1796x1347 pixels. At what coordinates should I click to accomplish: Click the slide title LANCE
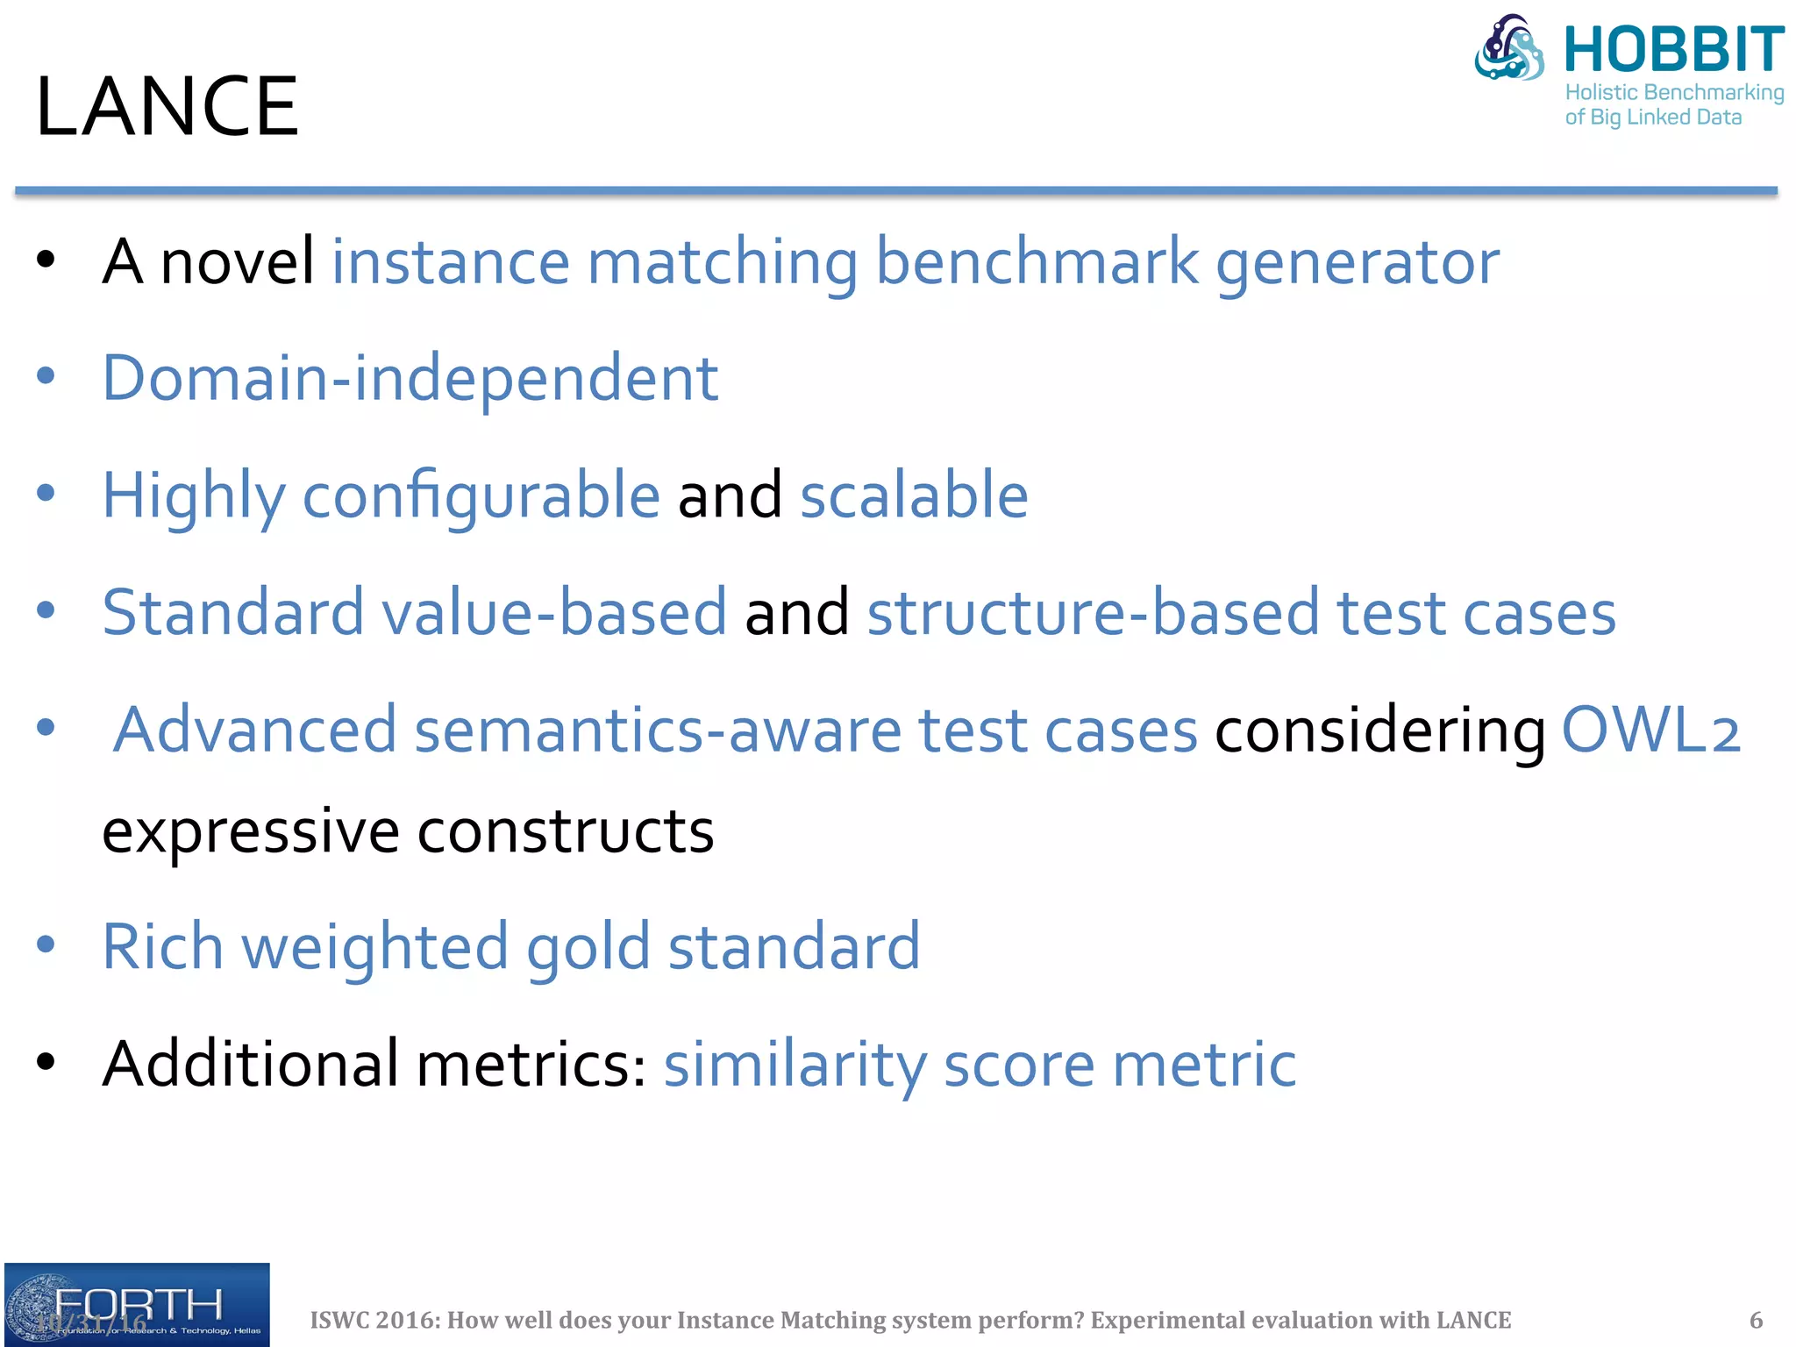pos(167,106)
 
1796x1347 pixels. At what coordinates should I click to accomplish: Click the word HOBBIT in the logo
pos(1673,50)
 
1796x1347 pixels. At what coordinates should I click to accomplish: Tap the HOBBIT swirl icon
pos(1509,47)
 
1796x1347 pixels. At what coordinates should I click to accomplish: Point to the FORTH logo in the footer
pos(137,1305)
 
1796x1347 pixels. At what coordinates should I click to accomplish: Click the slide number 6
pos(1756,1320)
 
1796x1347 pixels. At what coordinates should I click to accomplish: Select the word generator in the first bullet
pos(1357,262)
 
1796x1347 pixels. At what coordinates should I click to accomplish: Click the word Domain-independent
pos(410,378)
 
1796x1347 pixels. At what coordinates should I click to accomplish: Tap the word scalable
pos(914,495)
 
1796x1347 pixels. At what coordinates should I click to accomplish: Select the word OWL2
pos(1650,730)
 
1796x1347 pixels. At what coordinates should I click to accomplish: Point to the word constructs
pos(566,830)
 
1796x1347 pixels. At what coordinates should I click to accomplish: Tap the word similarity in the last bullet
pos(795,1065)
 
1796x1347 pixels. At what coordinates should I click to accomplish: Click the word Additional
pos(250,1064)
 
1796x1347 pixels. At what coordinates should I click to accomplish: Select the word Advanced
pos(255,730)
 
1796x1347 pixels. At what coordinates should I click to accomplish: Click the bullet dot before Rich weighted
pos(46,945)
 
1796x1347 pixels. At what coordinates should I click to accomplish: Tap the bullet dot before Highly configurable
pos(46,493)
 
